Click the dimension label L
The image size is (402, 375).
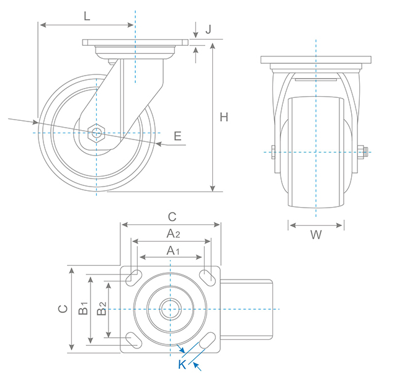coord(87,17)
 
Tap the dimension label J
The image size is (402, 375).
coord(208,29)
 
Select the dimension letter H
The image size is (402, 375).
coord(225,117)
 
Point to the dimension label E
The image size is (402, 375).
coord(178,137)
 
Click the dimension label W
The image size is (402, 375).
coord(316,236)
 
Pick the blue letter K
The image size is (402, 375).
coord(182,364)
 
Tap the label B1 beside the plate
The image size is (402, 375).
coord(83,308)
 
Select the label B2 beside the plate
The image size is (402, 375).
coord(102,308)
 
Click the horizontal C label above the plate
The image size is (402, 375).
coord(172,217)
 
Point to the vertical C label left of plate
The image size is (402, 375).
coord(62,309)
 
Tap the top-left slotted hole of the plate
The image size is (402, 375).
coord(133,278)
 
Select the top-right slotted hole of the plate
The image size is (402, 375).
coord(208,277)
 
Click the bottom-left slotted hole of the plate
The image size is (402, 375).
coord(133,338)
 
